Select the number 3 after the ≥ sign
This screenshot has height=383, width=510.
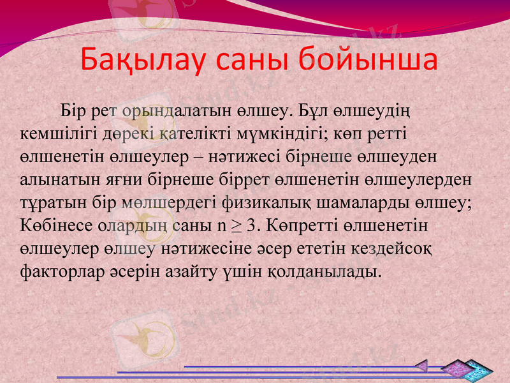point(251,225)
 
